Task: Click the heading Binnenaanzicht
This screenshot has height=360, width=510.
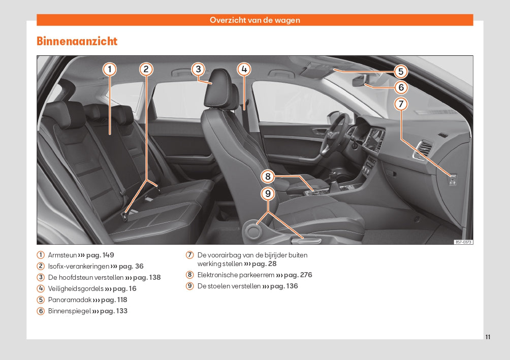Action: pos(77,41)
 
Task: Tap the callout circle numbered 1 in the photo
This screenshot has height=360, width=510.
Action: pos(110,69)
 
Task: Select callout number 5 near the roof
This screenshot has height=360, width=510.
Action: pos(401,72)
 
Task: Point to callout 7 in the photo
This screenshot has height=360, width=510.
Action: pos(401,104)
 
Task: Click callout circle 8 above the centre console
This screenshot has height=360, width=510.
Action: pos(268,177)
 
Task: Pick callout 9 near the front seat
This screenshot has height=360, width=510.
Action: pos(268,194)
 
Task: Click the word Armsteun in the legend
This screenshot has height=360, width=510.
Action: pos(62,255)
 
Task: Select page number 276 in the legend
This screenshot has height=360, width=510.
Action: pos(306,275)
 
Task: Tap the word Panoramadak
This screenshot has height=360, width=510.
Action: pos(70,300)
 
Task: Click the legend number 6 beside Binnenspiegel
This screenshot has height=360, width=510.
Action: pos(41,311)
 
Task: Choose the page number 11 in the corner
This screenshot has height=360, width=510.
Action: pos(488,337)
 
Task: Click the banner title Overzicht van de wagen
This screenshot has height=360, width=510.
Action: pos(254,20)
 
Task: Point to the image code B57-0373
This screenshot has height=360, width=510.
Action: pos(463,242)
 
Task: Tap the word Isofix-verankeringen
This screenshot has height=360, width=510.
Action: pos(79,267)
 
